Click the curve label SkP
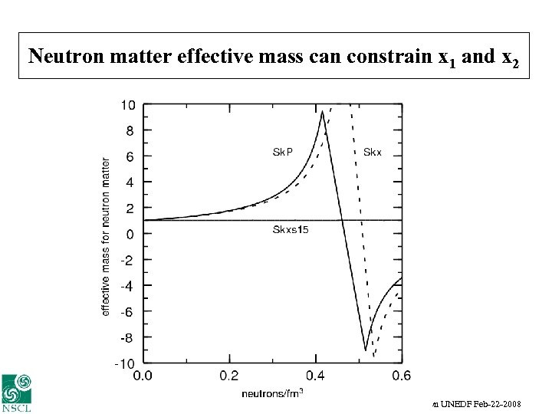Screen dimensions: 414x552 (x=283, y=152)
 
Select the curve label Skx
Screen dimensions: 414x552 (x=372, y=152)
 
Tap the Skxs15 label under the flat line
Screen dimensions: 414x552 (x=291, y=230)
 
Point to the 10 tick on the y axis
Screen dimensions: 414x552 (x=129, y=105)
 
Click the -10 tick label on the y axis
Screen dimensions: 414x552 (x=126, y=363)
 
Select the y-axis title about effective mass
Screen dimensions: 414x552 (x=106, y=235)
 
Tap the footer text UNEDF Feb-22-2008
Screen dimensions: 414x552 (x=480, y=402)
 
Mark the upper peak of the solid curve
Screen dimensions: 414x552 (x=322, y=112)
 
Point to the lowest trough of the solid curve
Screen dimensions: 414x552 (x=366, y=350)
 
